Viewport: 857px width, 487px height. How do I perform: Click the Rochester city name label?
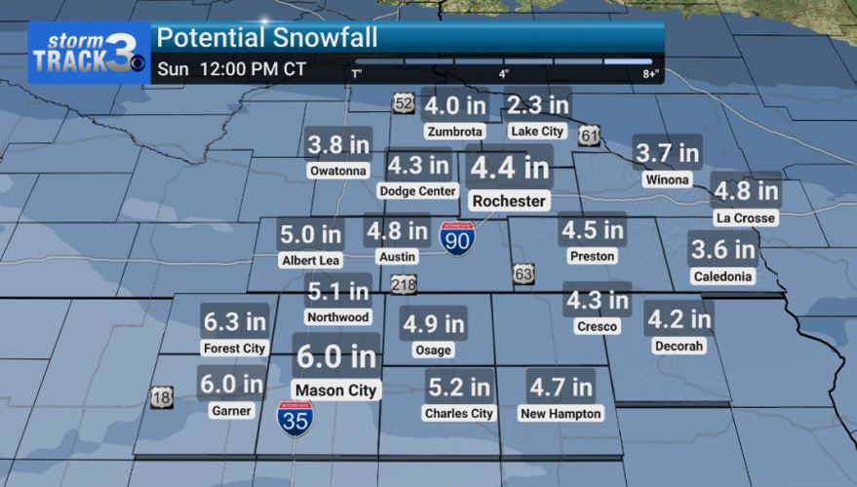point(509,201)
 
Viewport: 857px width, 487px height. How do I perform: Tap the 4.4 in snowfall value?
point(509,168)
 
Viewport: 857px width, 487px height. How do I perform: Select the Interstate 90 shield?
point(457,237)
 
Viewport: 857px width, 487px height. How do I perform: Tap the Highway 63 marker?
point(524,275)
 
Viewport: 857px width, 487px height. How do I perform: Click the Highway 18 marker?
point(162,396)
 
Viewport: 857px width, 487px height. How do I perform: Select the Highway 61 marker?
point(589,135)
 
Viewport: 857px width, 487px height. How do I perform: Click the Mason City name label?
point(336,390)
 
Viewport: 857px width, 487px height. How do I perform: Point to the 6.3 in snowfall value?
point(234,320)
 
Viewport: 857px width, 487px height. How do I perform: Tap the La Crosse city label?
point(745,218)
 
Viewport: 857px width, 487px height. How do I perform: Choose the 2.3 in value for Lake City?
point(537,105)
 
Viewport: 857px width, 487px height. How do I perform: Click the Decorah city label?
point(680,346)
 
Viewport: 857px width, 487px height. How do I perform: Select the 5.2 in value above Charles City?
point(458,387)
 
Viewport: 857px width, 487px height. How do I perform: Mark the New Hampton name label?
point(561,413)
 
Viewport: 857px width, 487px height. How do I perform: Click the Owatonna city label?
point(338,171)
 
